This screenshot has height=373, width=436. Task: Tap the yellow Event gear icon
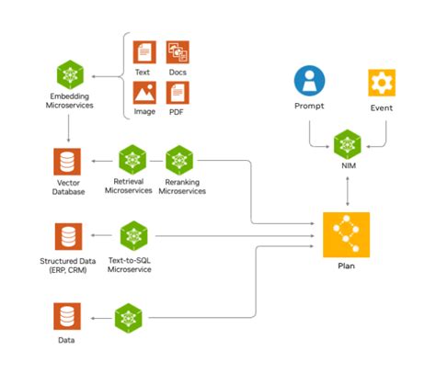coord(381,81)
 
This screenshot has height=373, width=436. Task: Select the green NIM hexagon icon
coord(346,143)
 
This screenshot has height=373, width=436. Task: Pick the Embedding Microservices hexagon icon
coord(69,73)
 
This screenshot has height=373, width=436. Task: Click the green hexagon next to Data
coord(127,318)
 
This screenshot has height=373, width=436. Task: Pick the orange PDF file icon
coord(178,92)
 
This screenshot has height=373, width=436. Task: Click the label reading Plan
coord(346,266)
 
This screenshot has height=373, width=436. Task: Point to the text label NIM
coord(346,167)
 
